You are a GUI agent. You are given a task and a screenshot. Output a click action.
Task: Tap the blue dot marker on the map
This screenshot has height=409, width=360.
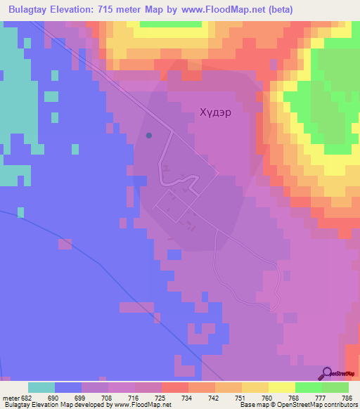(148, 135)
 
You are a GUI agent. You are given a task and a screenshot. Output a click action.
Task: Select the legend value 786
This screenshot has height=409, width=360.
(347, 398)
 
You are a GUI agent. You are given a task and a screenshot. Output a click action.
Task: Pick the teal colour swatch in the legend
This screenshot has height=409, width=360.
(41, 387)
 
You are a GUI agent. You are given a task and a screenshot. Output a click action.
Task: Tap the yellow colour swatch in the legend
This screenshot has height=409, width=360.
(282, 387)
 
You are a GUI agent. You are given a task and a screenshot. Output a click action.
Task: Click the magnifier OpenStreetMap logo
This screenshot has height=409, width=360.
(328, 374)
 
